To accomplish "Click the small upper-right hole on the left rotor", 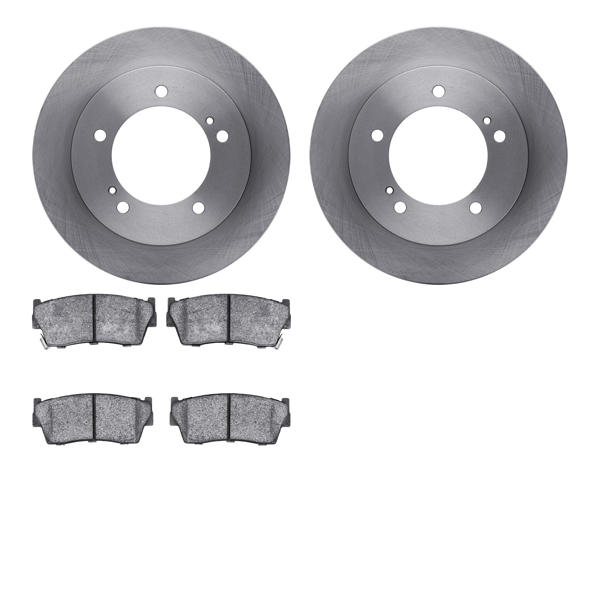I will point(210,120).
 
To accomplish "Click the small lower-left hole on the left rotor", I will point(112,190).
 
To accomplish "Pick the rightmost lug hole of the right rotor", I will point(499,136).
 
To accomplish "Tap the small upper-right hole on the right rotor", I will point(487,120).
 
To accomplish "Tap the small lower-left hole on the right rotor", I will point(389,190).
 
